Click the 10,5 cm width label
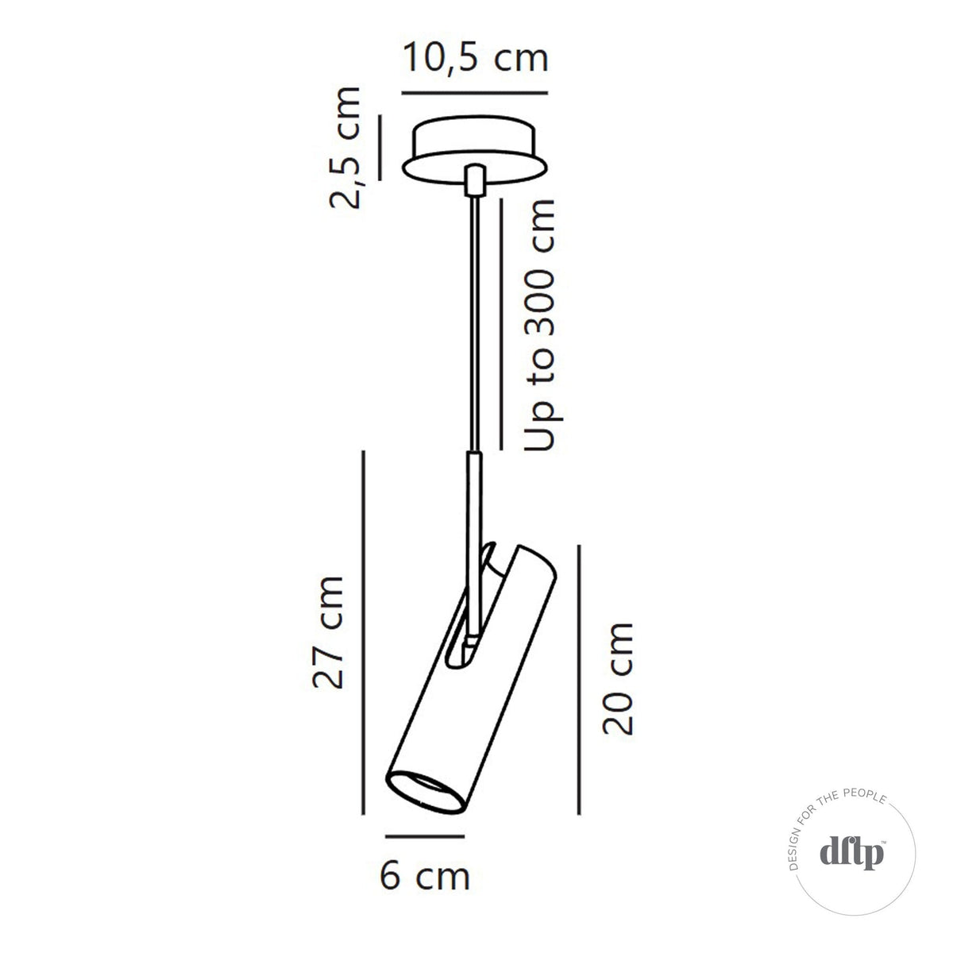(475, 58)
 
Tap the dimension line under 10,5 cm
(475, 94)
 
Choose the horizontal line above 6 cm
(424, 836)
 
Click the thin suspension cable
(474, 318)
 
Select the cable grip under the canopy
(475, 179)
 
